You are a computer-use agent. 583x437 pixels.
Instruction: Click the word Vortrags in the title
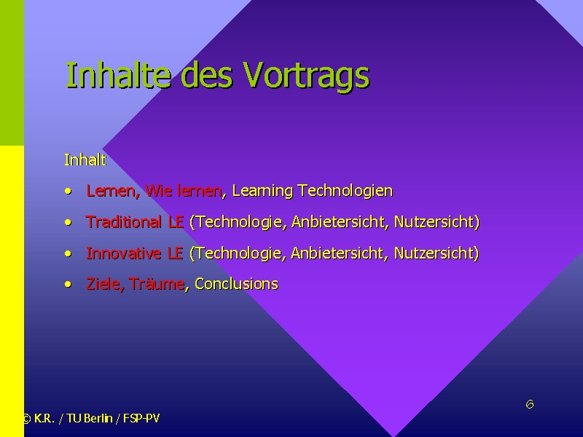click(306, 76)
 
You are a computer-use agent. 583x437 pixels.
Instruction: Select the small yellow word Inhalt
click(85, 160)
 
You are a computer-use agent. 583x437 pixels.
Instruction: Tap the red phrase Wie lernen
click(184, 191)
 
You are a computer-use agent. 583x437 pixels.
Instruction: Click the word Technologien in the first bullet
click(345, 191)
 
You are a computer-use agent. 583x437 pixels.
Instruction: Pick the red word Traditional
click(123, 222)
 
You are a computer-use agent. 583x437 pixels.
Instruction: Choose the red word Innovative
click(123, 253)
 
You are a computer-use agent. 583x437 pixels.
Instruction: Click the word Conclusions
click(236, 284)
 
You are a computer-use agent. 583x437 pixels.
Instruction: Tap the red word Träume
click(156, 284)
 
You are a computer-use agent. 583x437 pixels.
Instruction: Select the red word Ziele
click(103, 284)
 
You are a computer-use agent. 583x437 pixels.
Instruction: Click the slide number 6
click(530, 404)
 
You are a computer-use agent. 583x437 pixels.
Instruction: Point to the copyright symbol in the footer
click(26, 419)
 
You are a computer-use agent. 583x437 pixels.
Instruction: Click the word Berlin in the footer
click(98, 418)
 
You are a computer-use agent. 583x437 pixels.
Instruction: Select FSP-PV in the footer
click(141, 418)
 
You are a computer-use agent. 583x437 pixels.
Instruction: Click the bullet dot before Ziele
click(68, 285)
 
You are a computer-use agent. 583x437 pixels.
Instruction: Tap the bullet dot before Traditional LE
click(68, 223)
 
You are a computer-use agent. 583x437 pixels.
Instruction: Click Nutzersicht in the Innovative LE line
click(437, 253)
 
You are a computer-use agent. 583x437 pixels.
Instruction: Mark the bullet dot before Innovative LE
click(68, 253)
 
